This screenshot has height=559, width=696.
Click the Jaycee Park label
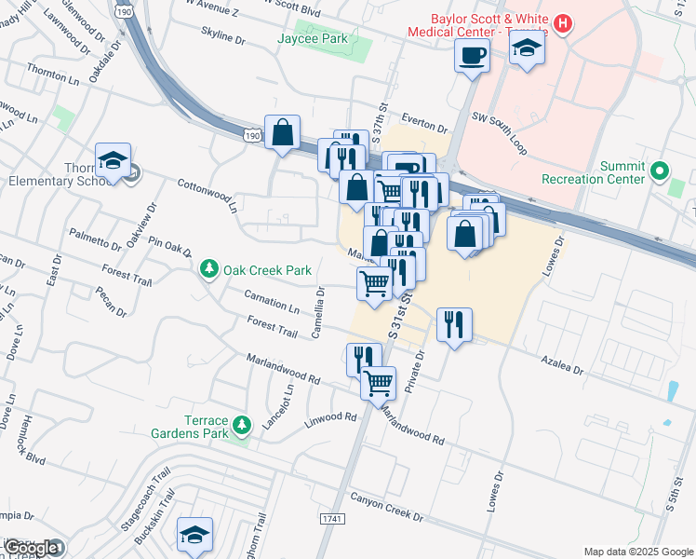307,38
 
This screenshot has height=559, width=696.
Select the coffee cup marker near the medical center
472,55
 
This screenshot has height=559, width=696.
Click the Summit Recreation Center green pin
659,171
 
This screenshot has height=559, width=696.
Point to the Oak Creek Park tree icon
209,269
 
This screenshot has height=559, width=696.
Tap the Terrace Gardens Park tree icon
242,425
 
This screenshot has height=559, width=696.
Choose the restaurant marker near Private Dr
454,325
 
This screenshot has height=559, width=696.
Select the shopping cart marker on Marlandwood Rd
378,382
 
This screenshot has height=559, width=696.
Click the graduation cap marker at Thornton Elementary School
113,161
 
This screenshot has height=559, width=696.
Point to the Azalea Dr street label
564,364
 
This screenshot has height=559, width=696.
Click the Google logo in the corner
32,548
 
